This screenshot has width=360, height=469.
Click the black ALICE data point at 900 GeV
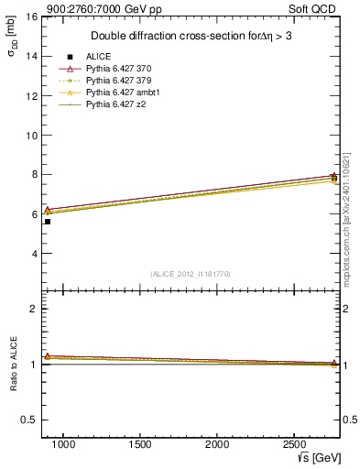tap(48, 221)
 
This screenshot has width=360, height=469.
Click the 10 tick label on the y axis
tap(31, 135)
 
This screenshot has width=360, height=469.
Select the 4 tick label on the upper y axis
tap(33, 254)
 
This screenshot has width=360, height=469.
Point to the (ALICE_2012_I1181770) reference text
tap(191, 274)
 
